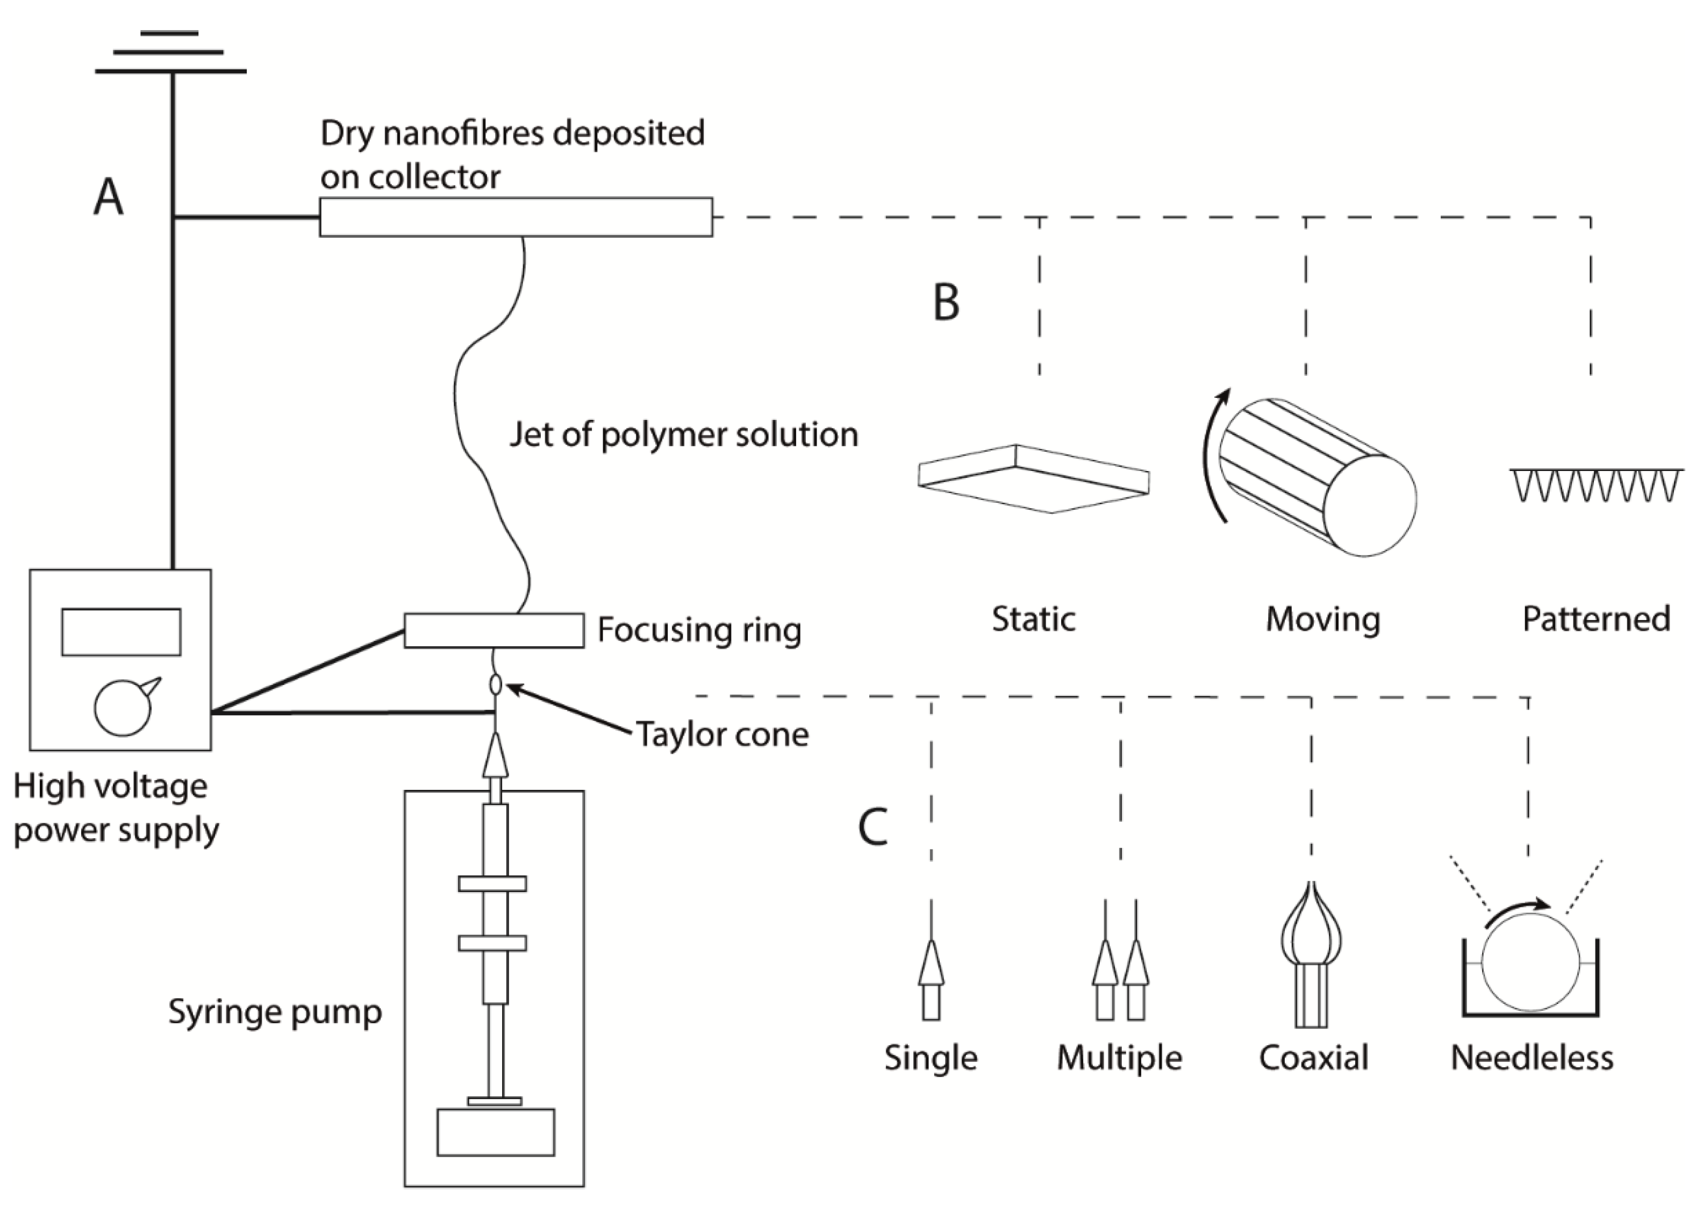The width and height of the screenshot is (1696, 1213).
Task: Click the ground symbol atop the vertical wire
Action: (x=170, y=52)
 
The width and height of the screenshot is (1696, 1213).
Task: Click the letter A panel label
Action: (x=108, y=198)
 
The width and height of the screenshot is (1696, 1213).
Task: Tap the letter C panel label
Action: (x=873, y=827)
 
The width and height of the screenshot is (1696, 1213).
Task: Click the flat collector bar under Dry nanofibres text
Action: (x=516, y=217)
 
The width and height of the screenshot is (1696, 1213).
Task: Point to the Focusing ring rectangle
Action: (x=493, y=630)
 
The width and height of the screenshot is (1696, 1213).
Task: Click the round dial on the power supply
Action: (x=123, y=708)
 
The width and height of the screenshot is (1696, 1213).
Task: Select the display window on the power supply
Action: (x=121, y=632)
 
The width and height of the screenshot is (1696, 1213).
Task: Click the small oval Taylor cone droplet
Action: (x=495, y=683)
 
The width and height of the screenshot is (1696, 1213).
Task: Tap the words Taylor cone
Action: (x=722, y=735)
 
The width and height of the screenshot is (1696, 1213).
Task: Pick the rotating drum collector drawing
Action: (x=1318, y=478)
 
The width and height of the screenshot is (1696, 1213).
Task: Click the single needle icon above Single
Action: (x=931, y=979)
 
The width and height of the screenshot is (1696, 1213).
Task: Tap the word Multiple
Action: (x=1119, y=1058)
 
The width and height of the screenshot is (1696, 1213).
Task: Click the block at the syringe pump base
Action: (x=495, y=1132)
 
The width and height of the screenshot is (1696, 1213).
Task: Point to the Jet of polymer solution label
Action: (x=683, y=434)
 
